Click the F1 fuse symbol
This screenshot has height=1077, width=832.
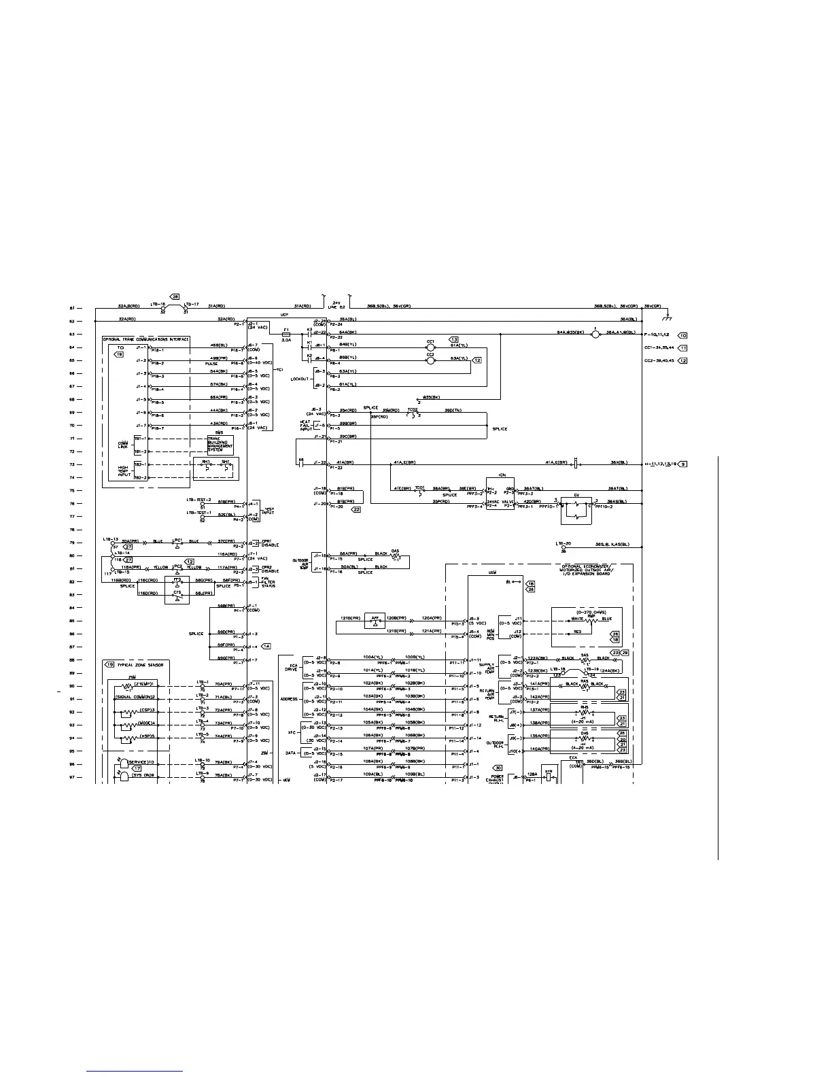pyautogui.click(x=286, y=334)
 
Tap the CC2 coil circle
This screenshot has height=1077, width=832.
pyautogui.click(x=430, y=360)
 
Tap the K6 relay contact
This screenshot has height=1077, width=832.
pyautogui.click(x=301, y=464)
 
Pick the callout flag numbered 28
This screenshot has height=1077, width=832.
pyautogui.click(x=175, y=297)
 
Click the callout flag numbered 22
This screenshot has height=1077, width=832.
pyautogui.click(x=356, y=509)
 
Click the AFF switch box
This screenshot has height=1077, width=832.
pyautogui.click(x=372, y=621)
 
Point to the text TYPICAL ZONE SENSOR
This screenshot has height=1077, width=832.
pyautogui.click(x=141, y=664)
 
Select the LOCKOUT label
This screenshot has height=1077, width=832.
pyautogui.click(x=300, y=379)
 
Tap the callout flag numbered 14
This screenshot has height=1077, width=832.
pyautogui.click(x=266, y=647)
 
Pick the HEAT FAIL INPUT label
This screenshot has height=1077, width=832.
pyautogui.click(x=306, y=426)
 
